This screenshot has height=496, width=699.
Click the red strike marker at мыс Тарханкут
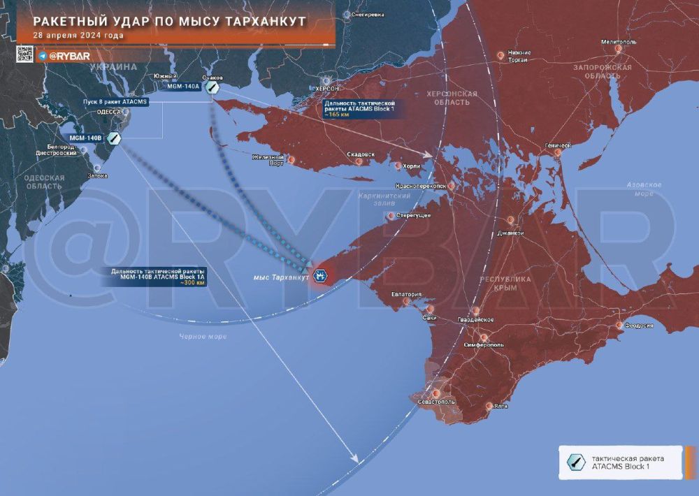[x=321, y=275]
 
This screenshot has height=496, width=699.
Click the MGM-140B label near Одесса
[x=83, y=138]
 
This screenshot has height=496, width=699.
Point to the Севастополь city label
[x=435, y=402]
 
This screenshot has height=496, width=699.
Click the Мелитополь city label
[x=619, y=43]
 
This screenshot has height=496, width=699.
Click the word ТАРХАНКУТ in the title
[x=258, y=21]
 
